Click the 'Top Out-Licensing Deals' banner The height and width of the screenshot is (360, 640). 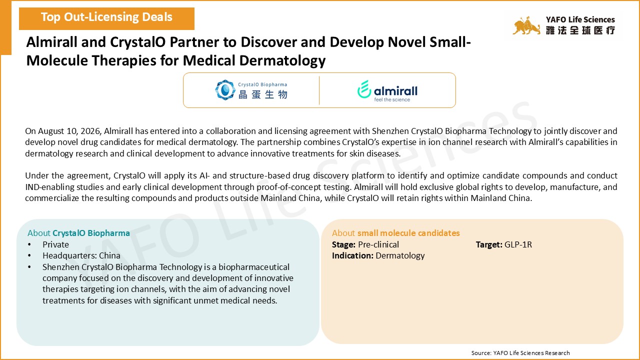tap(106, 18)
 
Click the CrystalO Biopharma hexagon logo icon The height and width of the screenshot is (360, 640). tap(225, 90)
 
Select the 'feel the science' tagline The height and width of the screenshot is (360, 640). tap(392, 99)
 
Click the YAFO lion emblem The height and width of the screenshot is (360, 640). tap(526, 25)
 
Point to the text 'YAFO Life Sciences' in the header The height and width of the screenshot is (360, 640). tap(580, 19)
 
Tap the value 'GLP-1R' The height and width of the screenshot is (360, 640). tap(518, 244)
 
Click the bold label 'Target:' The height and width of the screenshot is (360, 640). tap(489, 244)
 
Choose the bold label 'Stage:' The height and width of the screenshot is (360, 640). tap(343, 245)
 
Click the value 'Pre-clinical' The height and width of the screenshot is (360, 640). tap(378, 244)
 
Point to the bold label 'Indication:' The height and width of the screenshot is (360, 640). tap(352, 255)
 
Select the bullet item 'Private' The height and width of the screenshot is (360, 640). tap(55, 244)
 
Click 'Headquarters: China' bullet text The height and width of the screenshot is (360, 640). tap(81, 255)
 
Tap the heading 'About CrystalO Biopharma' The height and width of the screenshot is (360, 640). tap(78, 233)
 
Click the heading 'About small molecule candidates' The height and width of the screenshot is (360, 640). tap(395, 233)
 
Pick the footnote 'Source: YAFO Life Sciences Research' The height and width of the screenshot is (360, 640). tap(520, 353)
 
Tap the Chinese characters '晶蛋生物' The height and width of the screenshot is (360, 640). tap(263, 94)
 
